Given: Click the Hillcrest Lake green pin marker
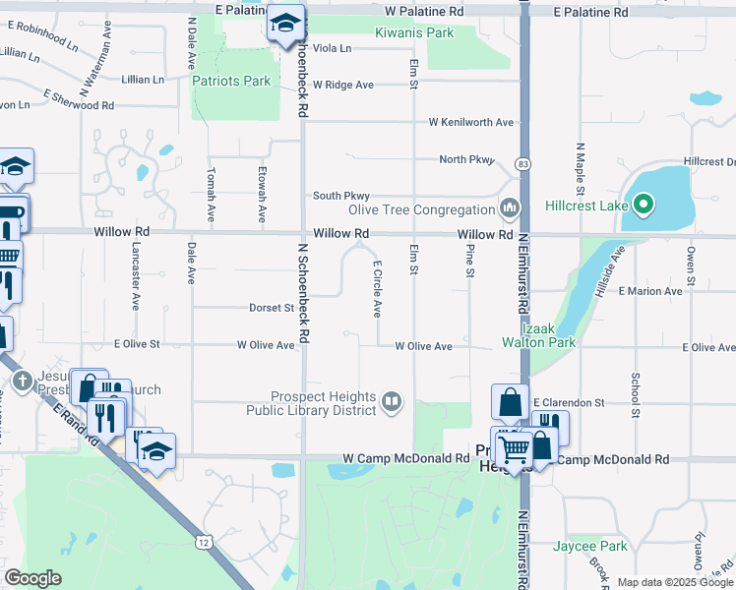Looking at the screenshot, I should pos(643,205).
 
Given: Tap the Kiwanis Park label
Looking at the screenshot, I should pos(414,32).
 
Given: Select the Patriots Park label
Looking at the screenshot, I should pos(231,81).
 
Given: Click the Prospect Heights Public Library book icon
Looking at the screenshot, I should pos(392,400).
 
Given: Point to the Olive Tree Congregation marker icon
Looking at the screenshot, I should pos(510,208).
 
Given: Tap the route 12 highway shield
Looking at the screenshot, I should pos(203,542).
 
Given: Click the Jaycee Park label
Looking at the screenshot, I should pos(589,546).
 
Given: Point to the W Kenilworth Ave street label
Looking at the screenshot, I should pos(470,122).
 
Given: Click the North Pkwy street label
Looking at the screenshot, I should pos(465,159).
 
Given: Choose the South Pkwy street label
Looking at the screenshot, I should pos(340,196).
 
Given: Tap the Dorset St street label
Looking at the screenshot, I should pos(271,308).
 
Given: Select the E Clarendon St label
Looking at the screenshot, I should pos(568,403).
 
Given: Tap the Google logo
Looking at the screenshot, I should pos(32,578).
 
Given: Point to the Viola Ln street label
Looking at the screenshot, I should pos(333,48).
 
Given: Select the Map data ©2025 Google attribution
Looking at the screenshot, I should pos(674,582).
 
